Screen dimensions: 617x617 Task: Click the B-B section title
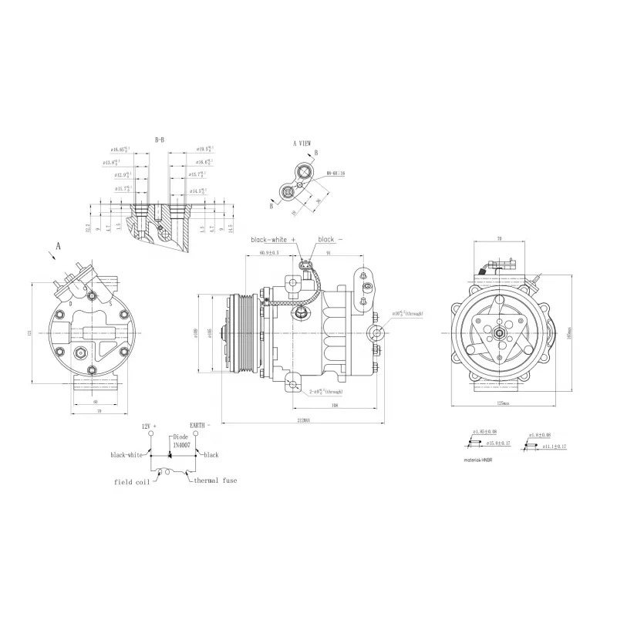click(x=160, y=140)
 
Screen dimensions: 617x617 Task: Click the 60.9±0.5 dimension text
click(x=268, y=253)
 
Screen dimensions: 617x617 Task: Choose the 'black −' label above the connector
click(x=328, y=240)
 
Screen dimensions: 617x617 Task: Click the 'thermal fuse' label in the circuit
click(x=216, y=480)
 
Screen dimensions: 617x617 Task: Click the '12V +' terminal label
click(x=149, y=426)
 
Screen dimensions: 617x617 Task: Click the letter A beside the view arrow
click(x=57, y=247)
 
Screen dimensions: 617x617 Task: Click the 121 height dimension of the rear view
click(x=29, y=332)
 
